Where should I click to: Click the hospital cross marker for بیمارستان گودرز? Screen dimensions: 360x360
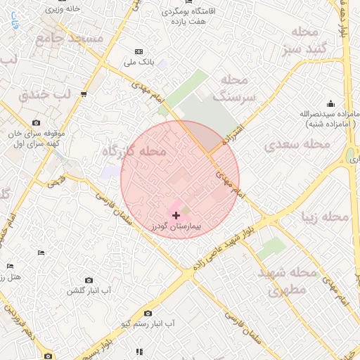tap(176, 214)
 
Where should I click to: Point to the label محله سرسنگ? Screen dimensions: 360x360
tap(243, 87)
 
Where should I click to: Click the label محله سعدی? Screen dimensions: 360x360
tap(297, 144)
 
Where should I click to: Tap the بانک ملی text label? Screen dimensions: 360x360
tap(139, 63)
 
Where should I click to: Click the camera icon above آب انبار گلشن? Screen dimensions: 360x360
tap(89, 280)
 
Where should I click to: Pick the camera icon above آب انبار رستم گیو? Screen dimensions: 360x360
tap(148, 313)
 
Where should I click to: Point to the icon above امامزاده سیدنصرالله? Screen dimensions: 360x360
tap(330, 103)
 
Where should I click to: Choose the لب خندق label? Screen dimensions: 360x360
tap(46, 94)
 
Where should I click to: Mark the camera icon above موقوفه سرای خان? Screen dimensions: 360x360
tap(36, 123)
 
